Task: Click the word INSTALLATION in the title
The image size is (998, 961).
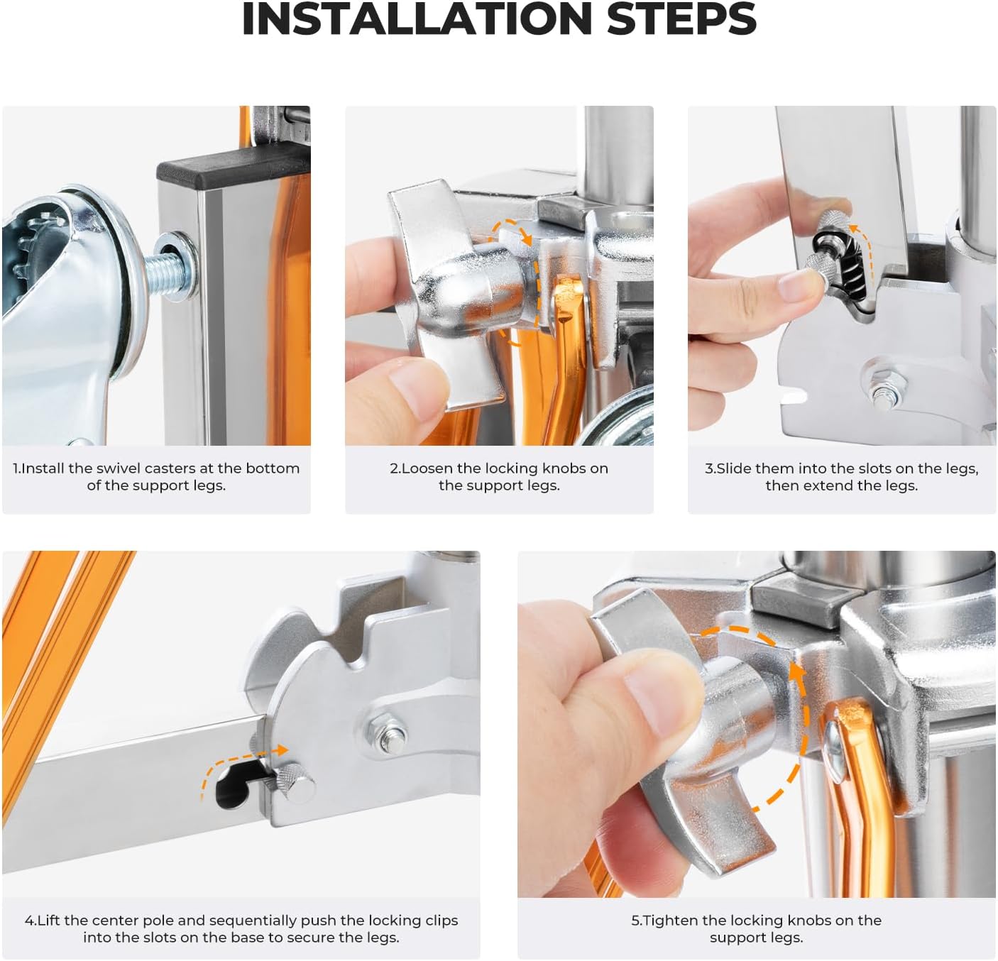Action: [x=417, y=19]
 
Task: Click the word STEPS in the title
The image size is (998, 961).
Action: [x=681, y=19]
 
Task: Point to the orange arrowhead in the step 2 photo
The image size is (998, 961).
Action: [x=526, y=237]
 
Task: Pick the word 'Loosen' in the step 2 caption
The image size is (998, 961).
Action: [x=424, y=468]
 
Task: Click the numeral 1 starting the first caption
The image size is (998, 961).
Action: [x=16, y=468]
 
